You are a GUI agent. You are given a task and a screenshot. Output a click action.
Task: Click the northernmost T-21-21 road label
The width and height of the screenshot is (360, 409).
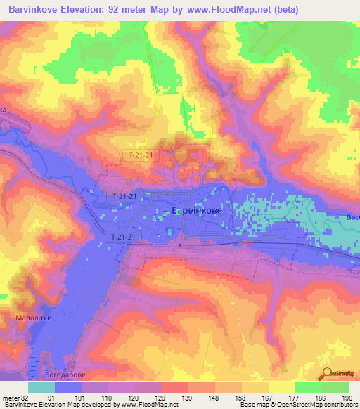coord(141,155)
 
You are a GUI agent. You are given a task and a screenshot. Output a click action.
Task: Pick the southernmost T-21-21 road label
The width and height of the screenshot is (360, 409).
coord(127,239)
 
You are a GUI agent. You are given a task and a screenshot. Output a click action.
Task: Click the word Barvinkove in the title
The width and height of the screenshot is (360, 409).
coord(36,10)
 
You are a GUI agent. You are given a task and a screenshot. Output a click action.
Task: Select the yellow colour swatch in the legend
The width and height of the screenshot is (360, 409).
coord(282,387)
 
